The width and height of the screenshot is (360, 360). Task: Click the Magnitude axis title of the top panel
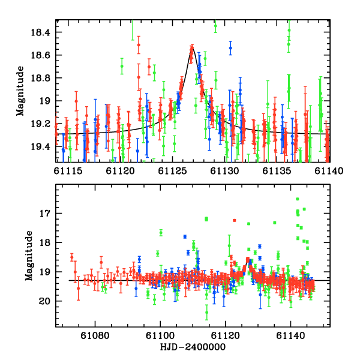pos(20,90)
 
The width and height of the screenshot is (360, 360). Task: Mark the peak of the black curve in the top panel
pos(191,46)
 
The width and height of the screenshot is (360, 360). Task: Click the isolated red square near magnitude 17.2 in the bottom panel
pos(235,220)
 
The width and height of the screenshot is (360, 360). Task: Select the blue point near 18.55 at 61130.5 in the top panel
pos(230,48)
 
